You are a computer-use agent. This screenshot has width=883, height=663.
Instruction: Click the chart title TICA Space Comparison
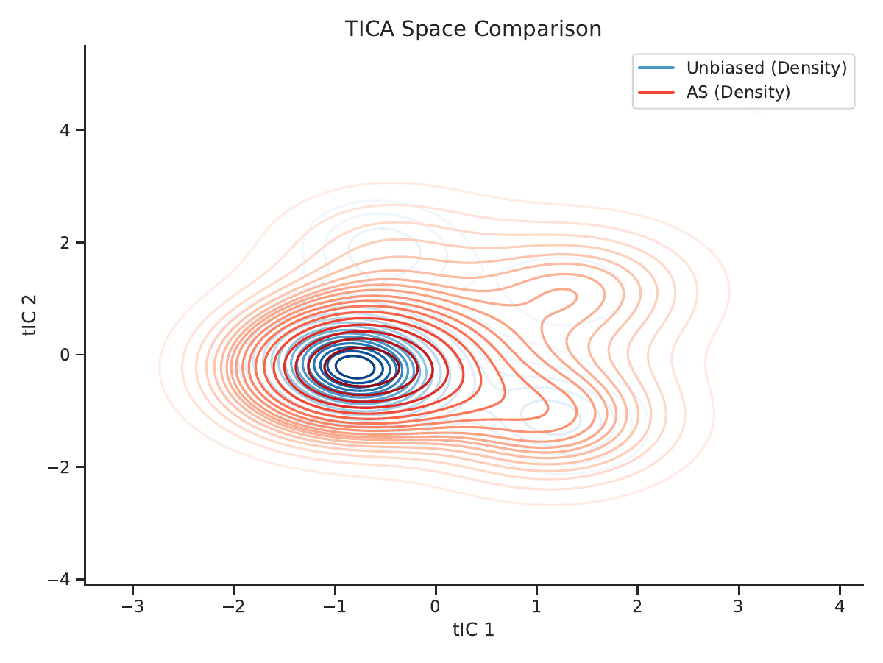[x=473, y=29]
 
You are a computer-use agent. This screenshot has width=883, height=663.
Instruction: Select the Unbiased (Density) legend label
[x=766, y=68]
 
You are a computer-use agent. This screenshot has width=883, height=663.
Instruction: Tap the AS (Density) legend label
[x=738, y=93]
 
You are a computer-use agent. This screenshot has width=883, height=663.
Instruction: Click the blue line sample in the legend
[x=656, y=68]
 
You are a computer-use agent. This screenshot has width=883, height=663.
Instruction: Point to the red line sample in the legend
[x=656, y=93]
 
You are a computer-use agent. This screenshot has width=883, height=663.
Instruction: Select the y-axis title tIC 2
[x=29, y=316]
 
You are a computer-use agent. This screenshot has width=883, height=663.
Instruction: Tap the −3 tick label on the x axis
[x=132, y=606]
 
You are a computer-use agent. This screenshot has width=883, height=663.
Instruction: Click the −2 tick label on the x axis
[x=234, y=606]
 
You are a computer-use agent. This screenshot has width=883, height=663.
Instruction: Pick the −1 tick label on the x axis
[x=335, y=606]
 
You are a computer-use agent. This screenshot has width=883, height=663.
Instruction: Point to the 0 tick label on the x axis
[x=436, y=606]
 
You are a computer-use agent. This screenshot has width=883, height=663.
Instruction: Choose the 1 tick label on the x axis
[x=536, y=606]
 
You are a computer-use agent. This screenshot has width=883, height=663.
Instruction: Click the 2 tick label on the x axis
[x=637, y=606]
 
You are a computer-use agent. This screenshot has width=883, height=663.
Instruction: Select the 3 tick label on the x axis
[x=739, y=606]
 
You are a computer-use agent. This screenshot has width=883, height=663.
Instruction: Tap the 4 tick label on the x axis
[x=840, y=606]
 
